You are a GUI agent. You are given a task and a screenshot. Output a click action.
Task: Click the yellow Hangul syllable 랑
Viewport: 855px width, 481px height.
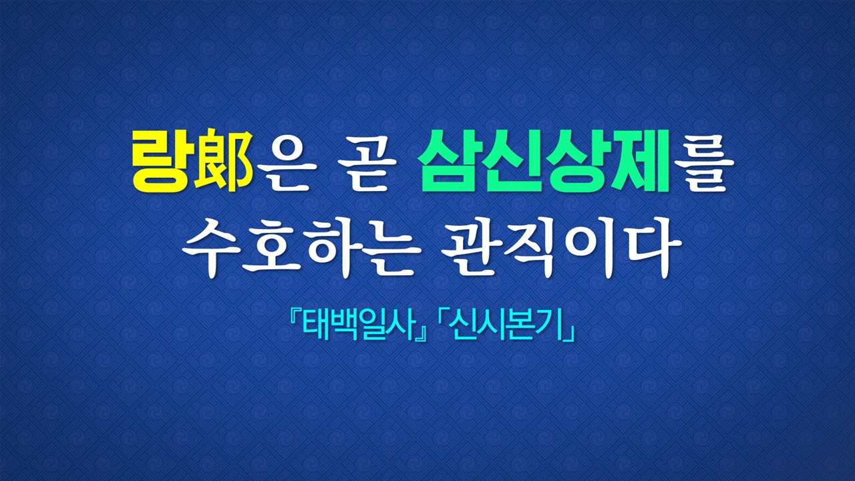(161, 161)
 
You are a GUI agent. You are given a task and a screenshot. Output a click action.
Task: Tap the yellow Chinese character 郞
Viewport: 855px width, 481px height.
(223, 160)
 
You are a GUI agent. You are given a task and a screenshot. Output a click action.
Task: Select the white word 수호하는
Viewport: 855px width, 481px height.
(301, 249)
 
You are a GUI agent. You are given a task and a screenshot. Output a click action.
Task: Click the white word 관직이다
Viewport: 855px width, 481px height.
(561, 249)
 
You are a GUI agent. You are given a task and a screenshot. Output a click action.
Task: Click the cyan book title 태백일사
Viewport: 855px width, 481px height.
(359, 327)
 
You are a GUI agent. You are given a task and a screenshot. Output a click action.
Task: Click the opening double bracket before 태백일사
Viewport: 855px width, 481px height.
(295, 321)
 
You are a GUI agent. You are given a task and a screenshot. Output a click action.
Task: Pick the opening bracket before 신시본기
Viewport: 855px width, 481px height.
(443, 321)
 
